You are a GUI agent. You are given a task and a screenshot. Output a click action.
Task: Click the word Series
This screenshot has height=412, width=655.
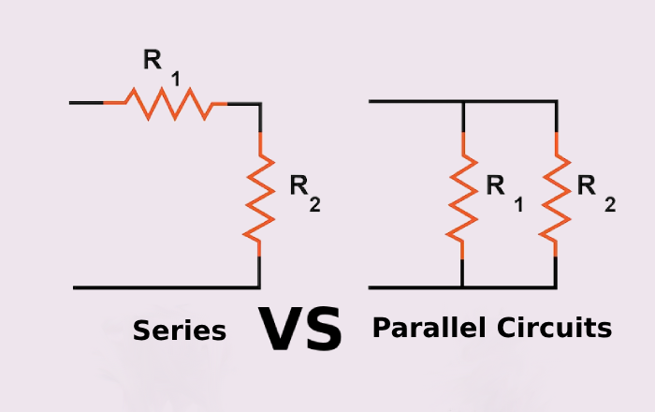180,331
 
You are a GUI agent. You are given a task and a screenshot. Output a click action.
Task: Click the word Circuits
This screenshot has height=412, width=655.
557,328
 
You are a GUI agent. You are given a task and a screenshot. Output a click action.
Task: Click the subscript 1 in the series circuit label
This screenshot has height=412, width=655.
174,78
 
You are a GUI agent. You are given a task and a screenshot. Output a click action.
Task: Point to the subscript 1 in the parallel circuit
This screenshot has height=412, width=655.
517,205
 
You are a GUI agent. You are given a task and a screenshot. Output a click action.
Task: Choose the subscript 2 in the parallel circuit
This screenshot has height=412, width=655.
610,205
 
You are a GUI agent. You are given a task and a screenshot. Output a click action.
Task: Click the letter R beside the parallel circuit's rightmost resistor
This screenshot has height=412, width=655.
587,185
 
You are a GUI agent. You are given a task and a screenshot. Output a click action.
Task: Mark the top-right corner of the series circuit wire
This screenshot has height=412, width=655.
260,102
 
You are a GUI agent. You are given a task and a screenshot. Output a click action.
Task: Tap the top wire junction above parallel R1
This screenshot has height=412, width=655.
463,101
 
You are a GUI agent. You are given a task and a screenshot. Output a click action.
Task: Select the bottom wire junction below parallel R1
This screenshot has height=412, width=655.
463,287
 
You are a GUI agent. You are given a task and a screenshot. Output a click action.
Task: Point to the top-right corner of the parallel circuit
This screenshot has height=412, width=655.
557,101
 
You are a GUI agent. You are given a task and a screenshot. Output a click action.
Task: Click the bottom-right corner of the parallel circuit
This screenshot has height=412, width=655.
557,287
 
